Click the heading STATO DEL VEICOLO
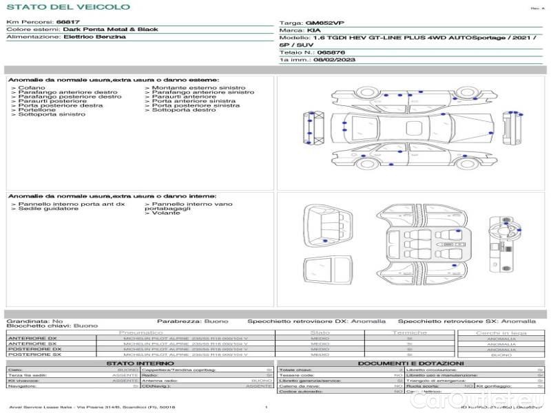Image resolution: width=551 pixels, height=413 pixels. [x=67, y=7]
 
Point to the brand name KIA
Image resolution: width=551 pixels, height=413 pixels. [x=313, y=31]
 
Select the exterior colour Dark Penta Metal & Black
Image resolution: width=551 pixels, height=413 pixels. [x=110, y=30]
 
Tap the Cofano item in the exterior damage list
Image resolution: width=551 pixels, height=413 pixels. [x=32, y=88]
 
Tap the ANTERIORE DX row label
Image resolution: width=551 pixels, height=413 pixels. [x=32, y=339]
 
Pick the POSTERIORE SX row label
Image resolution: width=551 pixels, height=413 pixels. [x=33, y=354]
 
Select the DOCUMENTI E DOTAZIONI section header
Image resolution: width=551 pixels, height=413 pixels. [x=410, y=363]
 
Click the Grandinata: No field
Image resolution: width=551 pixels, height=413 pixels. [x=34, y=321]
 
